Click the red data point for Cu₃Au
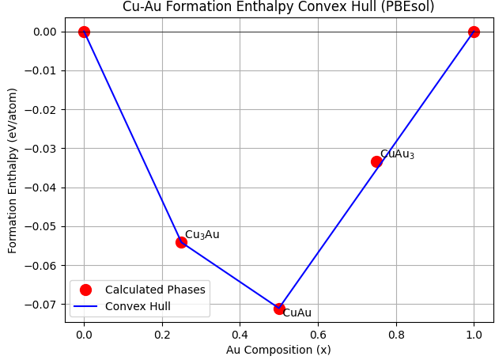tap(181, 242)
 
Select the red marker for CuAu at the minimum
tap(279, 309)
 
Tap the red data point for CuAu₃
tap(376, 161)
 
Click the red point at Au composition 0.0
tap(84, 32)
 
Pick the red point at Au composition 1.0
tap(474, 32)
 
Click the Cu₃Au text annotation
tap(202, 235)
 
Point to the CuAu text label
tap(297, 313)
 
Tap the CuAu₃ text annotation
tap(397, 154)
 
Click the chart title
tap(278, 7)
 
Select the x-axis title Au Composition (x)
tap(278, 349)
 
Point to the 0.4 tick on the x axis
tap(240, 334)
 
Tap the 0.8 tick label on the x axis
tap(395, 334)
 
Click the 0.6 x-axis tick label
tap(318, 334)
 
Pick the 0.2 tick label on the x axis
tap(162, 334)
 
